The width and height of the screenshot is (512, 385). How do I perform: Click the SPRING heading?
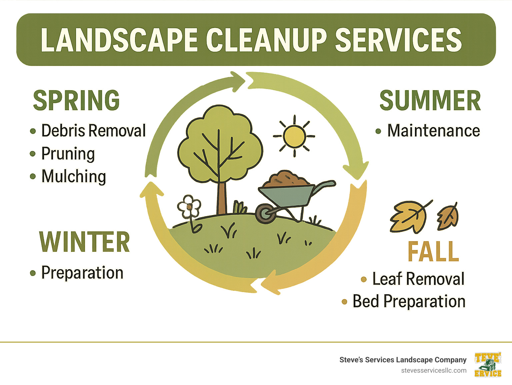click(x=76, y=100)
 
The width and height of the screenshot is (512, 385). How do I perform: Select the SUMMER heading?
click(x=430, y=100)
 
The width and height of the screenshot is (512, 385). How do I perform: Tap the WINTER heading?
click(x=84, y=242)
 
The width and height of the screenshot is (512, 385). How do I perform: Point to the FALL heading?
click(x=433, y=252)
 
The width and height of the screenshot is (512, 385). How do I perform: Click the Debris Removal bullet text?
click(x=93, y=130)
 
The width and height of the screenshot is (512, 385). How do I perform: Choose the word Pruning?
click(x=68, y=154)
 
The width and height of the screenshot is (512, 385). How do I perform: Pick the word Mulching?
click(x=74, y=176)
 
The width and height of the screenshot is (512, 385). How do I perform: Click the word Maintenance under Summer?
click(x=433, y=130)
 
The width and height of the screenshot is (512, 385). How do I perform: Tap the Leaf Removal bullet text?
click(x=418, y=279)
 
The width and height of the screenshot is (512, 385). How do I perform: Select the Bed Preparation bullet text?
click(x=409, y=301)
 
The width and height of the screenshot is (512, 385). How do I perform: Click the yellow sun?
click(x=294, y=136)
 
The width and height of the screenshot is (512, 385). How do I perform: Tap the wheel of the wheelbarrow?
click(x=266, y=213)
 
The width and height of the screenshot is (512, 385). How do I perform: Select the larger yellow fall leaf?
click(x=409, y=216)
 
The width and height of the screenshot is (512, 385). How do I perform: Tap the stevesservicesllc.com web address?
click(x=434, y=370)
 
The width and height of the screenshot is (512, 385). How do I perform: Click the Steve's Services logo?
click(x=488, y=365)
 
